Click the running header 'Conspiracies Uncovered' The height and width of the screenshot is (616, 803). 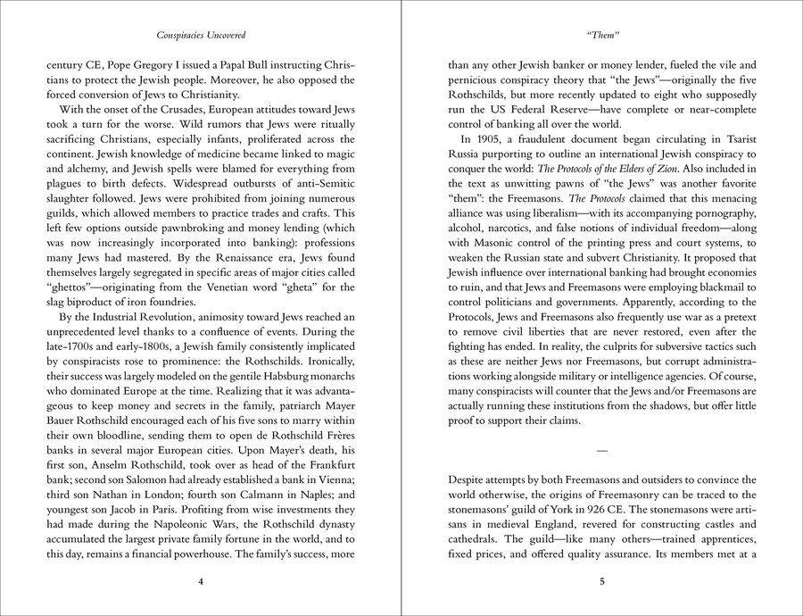[201, 36]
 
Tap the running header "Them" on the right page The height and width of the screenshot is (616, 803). [602, 36]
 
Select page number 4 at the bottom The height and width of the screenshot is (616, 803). [201, 581]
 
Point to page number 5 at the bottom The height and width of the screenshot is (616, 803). [602, 581]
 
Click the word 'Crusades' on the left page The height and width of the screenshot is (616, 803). [173, 110]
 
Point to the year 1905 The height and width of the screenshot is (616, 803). [486, 139]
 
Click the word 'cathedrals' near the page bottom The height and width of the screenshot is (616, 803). [473, 539]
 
